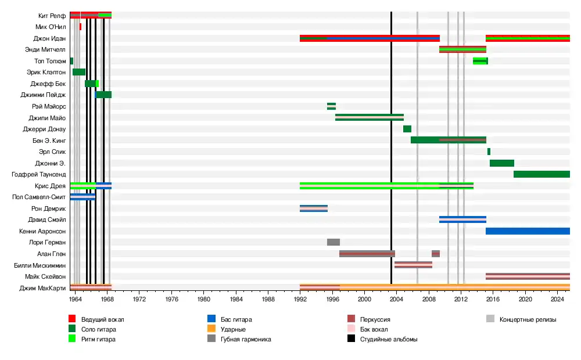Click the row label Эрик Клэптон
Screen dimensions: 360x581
pyautogui.click(x=46, y=72)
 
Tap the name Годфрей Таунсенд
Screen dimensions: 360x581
pyautogui.click(x=39, y=174)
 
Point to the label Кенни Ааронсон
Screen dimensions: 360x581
pyautogui.click(x=42, y=231)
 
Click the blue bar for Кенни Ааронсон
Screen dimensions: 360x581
pyautogui.click(x=528, y=231)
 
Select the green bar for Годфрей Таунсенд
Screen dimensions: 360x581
pyautogui.click(x=541, y=174)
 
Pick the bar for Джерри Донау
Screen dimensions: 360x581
pyautogui.click(x=407, y=129)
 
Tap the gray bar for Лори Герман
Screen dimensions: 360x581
pyautogui.click(x=333, y=242)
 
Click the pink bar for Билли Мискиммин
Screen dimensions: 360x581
pyautogui.click(x=413, y=265)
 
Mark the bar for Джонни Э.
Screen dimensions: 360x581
pyautogui.click(x=502, y=163)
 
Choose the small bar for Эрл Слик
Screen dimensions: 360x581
pyautogui.click(x=489, y=152)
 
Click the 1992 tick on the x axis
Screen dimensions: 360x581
pyautogui.click(x=300, y=298)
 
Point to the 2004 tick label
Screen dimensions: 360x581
pyautogui.click(x=396, y=298)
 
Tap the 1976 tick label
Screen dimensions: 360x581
pyautogui.click(x=171, y=298)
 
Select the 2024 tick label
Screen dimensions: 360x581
pyautogui.click(x=557, y=298)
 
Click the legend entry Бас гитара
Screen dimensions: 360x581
pyautogui.click(x=236, y=319)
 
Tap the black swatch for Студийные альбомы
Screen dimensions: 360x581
pyautogui.click(x=351, y=339)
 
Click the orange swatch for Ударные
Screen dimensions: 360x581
pyautogui.click(x=211, y=329)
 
